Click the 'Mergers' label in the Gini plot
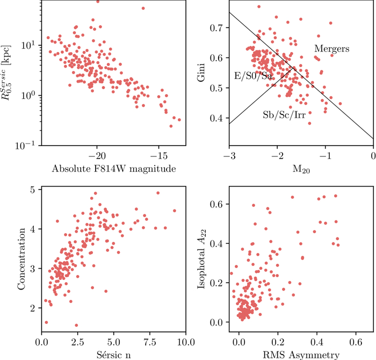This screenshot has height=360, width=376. pos(332,49)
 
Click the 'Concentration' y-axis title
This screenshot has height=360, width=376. pos(22,256)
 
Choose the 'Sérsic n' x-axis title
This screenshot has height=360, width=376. pos(113,354)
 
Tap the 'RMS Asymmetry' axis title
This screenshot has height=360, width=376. pos(301,354)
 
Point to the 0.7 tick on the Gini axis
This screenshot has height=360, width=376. pos(218,27)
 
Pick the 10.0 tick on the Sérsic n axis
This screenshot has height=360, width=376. pos(185,342)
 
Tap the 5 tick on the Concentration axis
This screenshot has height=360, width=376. pos(33,190)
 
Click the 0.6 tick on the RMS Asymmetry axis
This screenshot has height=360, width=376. pos(356,342)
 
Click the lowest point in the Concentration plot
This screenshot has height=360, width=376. pos(76,325)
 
